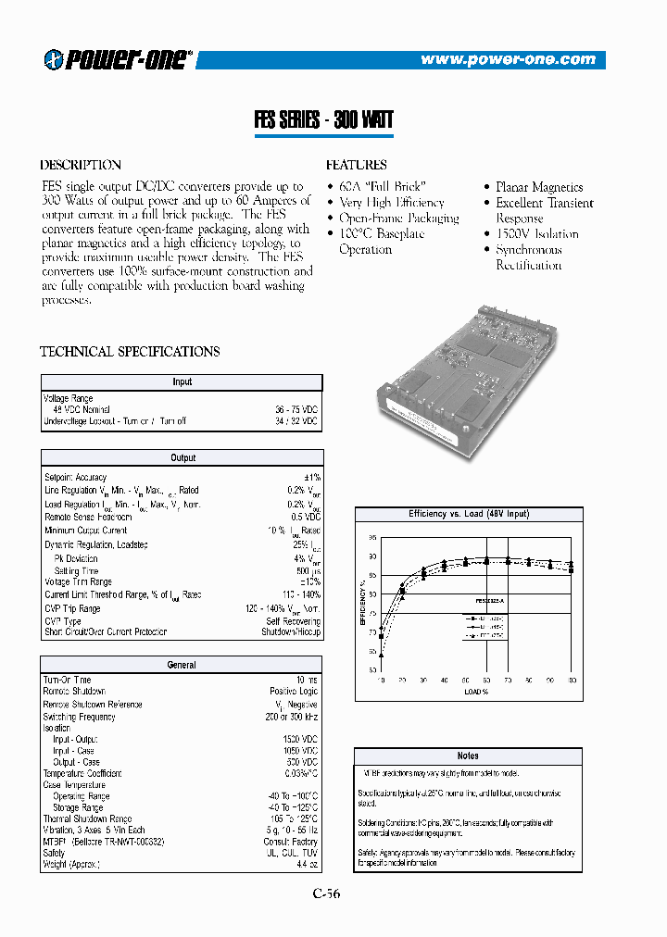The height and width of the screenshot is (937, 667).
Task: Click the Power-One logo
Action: (118, 59)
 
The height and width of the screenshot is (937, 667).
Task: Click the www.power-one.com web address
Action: (508, 59)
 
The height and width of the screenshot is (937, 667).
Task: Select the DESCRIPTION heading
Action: (81, 165)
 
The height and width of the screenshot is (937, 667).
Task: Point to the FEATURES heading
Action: (357, 165)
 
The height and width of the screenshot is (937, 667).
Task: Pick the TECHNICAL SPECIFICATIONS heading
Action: (130, 352)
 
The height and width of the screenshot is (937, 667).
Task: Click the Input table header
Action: (182, 381)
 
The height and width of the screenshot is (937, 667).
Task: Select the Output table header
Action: (182, 457)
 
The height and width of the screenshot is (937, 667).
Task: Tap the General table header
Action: (182, 665)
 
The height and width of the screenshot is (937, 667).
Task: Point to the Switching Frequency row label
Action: (80, 717)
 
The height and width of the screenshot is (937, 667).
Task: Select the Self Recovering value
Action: (293, 620)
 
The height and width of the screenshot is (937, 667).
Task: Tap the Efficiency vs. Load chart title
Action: (468, 514)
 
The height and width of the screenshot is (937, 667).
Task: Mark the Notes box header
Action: (468, 756)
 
